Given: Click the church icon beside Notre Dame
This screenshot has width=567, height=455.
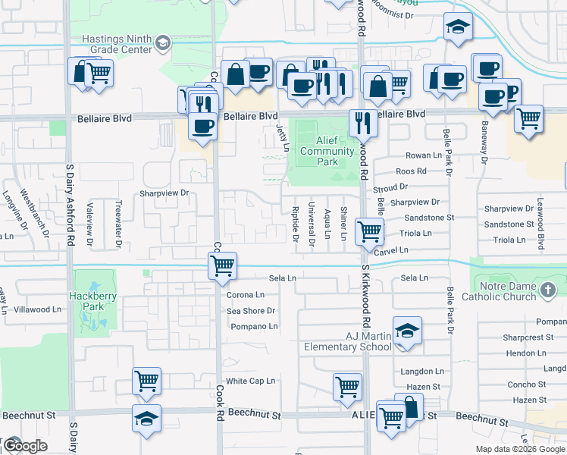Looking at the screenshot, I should [x=550, y=289].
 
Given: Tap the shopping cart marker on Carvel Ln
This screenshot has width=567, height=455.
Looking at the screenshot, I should [x=369, y=231].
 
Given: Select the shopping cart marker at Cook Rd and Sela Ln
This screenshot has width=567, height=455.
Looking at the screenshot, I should [x=222, y=265].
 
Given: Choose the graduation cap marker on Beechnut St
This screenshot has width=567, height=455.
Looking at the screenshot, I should [x=146, y=418].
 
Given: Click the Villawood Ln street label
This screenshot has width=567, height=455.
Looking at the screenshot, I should [x=37, y=309].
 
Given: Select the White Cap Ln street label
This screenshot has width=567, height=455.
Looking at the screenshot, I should [x=250, y=381].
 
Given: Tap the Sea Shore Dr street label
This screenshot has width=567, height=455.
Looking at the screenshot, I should [x=251, y=311].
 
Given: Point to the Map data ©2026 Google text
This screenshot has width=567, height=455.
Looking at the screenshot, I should [x=519, y=449].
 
